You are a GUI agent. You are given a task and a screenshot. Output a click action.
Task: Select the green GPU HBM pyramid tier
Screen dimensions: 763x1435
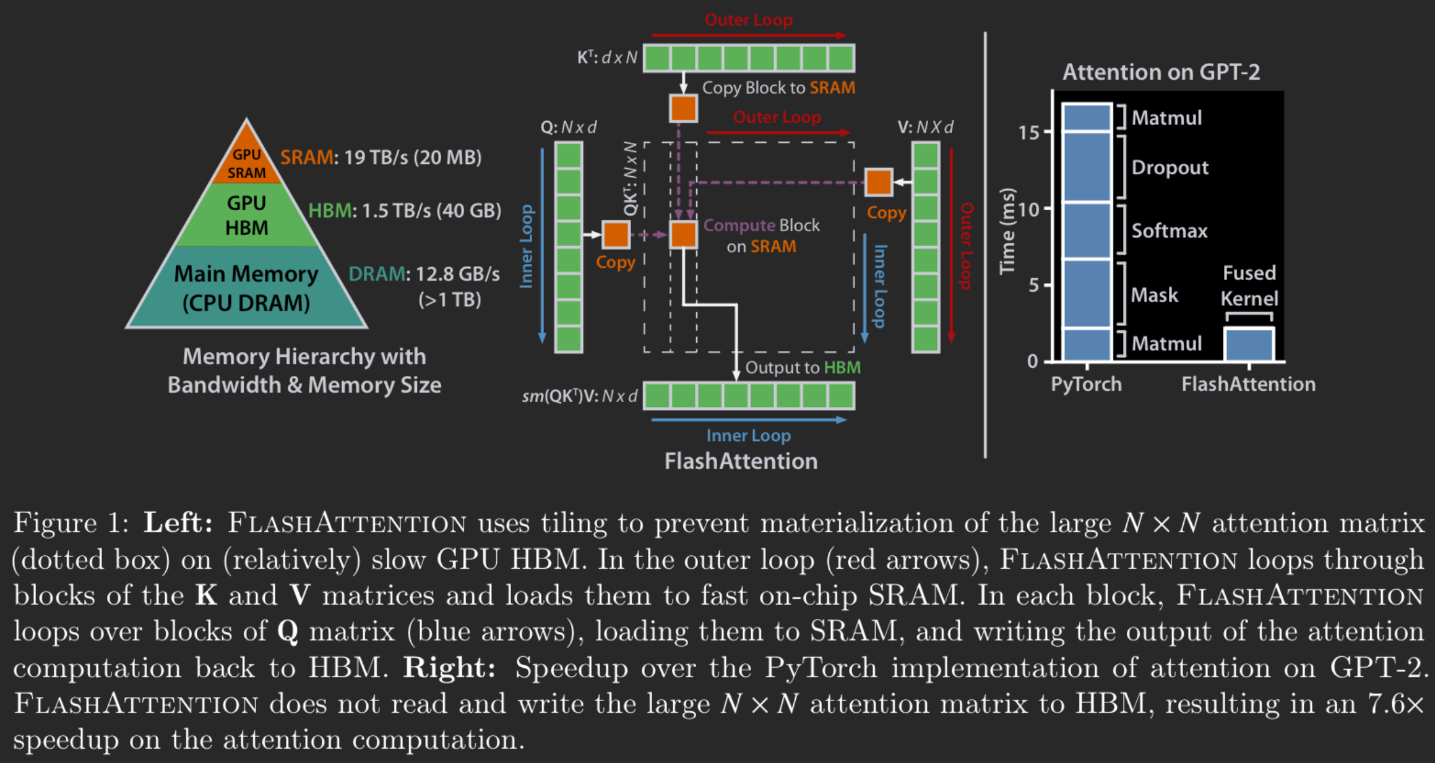click(246, 215)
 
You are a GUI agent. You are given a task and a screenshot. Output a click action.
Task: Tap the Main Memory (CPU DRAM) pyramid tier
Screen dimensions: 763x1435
click(246, 288)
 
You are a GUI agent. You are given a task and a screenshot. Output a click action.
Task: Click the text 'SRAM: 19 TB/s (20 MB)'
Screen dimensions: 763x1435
click(381, 157)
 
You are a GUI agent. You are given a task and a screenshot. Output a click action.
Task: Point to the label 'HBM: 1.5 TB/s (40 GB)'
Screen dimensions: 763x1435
click(405, 211)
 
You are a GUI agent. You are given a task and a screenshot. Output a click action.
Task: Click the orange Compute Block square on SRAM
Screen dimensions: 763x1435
click(683, 235)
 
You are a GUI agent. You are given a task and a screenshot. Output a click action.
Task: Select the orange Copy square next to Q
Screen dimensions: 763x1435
click(616, 235)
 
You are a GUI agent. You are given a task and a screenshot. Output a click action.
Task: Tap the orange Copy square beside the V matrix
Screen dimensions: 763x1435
click(879, 182)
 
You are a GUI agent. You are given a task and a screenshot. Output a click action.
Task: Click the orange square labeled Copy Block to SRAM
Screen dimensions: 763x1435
click(683, 108)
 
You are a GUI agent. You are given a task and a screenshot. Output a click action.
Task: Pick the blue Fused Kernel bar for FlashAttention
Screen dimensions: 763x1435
click(1249, 344)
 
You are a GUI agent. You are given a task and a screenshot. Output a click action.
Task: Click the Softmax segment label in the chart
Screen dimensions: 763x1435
click(1169, 231)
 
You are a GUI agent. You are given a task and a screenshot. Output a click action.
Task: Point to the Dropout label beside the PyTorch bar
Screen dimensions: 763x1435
click(1170, 168)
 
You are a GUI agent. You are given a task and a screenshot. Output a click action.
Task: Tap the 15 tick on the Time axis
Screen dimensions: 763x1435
click(1028, 132)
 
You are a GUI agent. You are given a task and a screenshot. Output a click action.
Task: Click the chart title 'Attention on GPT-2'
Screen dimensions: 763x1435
click(1161, 72)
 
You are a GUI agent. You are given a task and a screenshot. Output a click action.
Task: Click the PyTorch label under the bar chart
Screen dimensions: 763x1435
click(1086, 384)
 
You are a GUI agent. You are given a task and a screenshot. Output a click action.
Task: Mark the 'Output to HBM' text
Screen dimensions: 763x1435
click(803, 368)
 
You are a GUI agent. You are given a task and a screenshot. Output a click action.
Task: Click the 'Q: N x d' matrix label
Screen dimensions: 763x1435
click(568, 127)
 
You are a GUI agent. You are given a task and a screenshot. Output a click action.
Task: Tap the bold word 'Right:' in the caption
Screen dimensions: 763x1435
click(449, 668)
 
